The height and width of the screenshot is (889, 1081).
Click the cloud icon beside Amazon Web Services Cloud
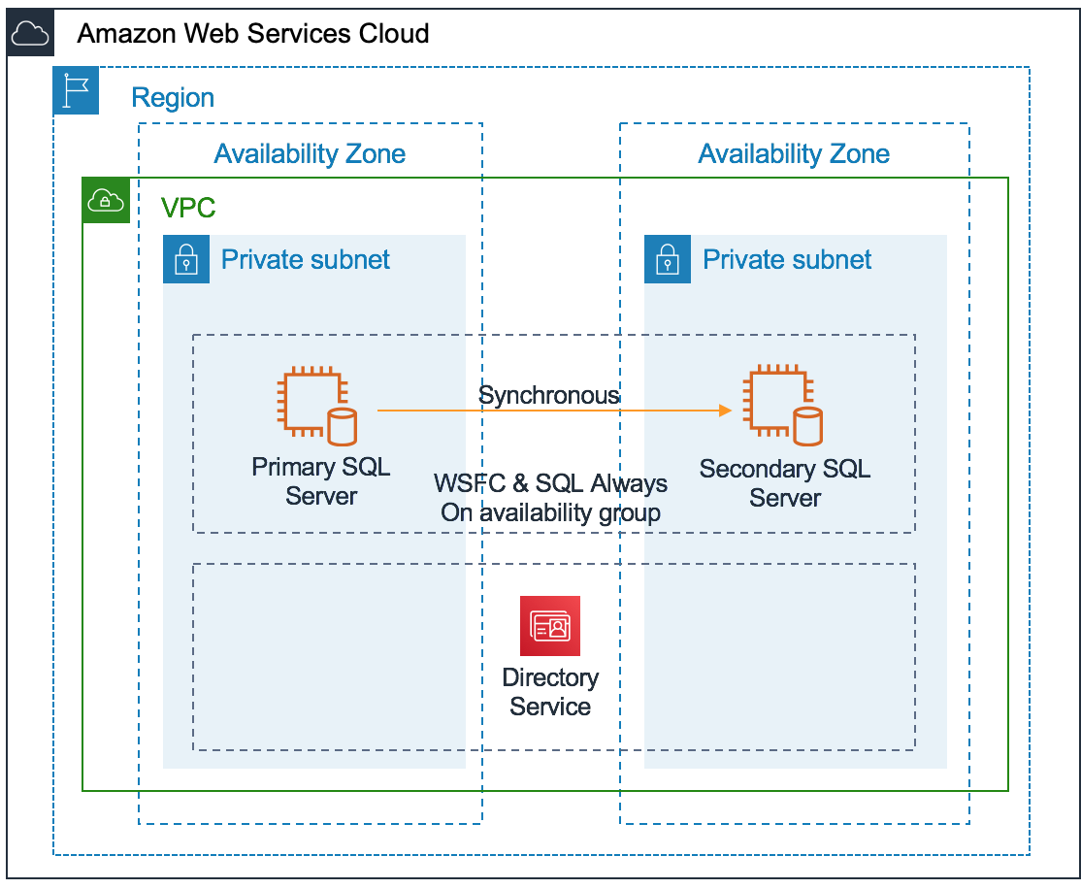(x=30, y=34)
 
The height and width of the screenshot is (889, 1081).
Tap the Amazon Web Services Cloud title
(x=252, y=34)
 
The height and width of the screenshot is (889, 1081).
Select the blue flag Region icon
(x=76, y=91)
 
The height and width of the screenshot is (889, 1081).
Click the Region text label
(x=173, y=98)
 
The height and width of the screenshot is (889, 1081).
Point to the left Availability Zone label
(x=310, y=153)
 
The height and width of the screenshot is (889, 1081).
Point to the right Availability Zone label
(x=793, y=153)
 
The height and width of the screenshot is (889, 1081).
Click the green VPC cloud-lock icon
(x=106, y=201)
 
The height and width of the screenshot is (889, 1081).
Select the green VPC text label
(x=188, y=208)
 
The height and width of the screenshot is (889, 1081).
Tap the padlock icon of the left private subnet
(x=186, y=259)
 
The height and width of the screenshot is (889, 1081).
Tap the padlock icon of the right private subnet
(x=668, y=259)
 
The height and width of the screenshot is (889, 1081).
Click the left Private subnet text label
(x=306, y=259)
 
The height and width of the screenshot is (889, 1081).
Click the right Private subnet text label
(x=787, y=259)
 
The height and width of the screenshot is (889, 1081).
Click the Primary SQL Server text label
(x=321, y=481)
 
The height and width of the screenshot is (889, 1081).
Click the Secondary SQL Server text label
(x=785, y=483)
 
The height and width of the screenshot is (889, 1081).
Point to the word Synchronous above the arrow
(x=549, y=395)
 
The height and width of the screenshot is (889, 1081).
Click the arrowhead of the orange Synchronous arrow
(x=724, y=411)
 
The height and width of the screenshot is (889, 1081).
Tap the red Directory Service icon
(x=550, y=626)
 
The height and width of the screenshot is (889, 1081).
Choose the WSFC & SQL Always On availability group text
(x=550, y=498)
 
